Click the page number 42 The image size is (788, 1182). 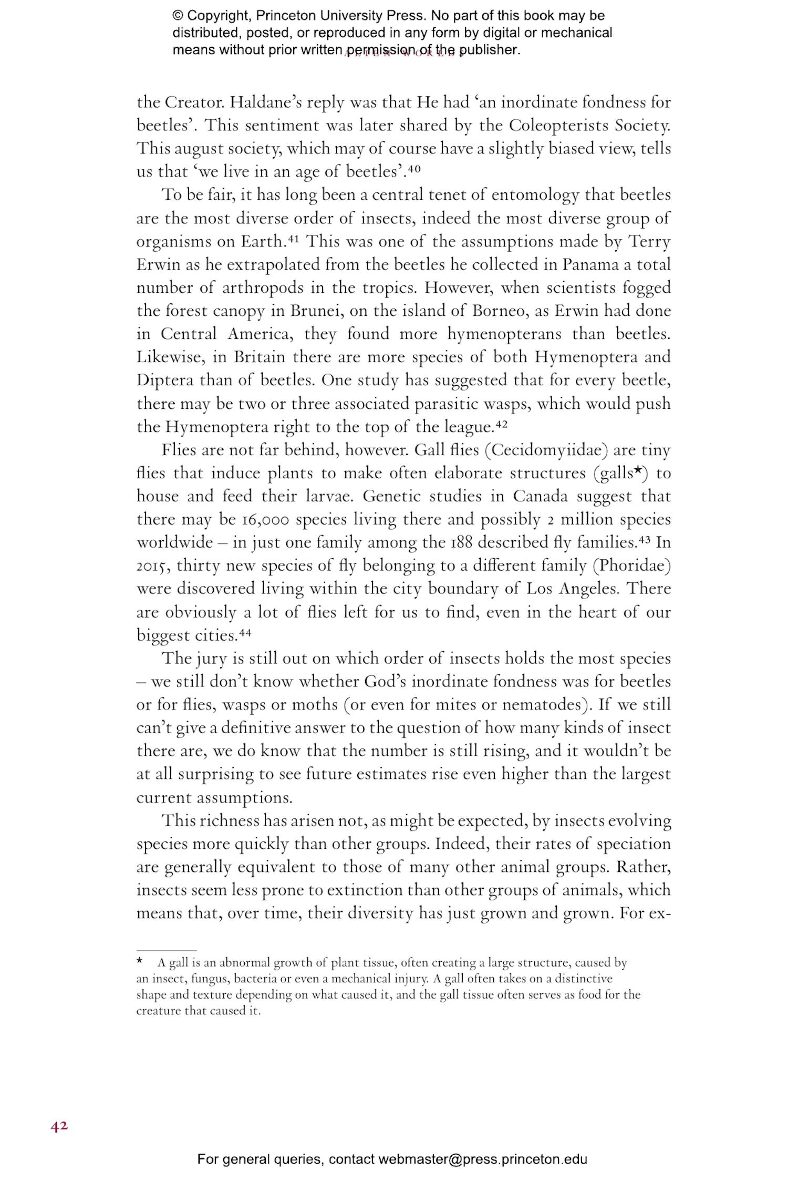click(x=59, y=1126)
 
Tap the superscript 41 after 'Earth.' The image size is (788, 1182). click(x=293, y=238)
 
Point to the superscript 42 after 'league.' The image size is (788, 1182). click(x=501, y=423)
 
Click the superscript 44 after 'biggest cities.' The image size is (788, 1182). click(x=245, y=632)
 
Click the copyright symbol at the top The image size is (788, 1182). click(x=178, y=16)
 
